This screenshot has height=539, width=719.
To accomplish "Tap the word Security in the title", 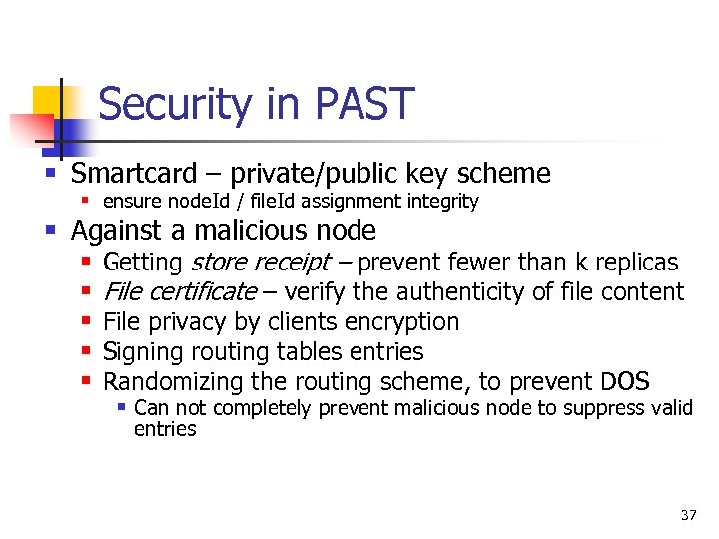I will click(170, 104).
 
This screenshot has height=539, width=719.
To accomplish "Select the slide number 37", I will click(688, 515).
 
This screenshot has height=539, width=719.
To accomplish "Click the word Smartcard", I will click(134, 174).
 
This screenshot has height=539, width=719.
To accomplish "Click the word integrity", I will click(441, 202).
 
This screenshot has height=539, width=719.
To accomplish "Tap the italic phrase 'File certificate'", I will click(180, 292).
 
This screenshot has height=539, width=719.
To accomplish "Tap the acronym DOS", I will click(625, 382).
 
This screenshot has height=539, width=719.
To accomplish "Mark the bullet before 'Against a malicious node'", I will click(51, 231).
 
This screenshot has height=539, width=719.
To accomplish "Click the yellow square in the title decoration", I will click(47, 101).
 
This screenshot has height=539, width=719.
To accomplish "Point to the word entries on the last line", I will click(165, 429).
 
